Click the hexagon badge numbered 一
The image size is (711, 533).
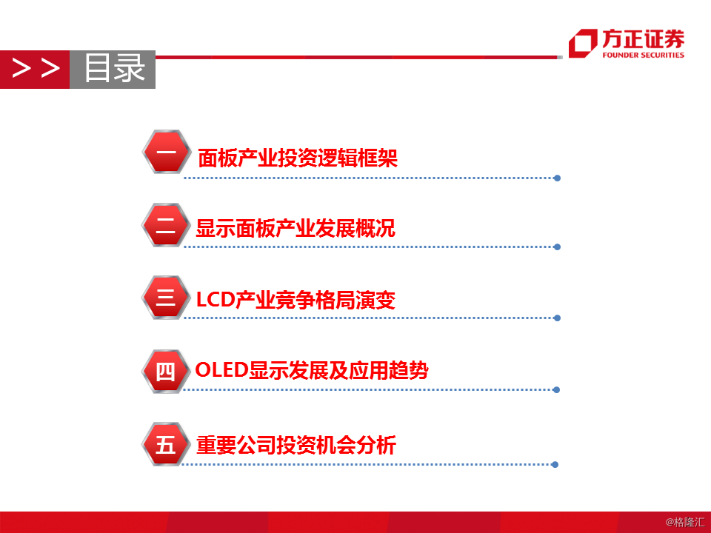(x=167, y=152)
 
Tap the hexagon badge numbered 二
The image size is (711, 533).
(x=166, y=225)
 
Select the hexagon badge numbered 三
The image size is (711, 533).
(x=166, y=298)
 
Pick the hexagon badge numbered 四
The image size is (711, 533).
(x=166, y=371)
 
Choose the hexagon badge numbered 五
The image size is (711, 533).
(x=166, y=443)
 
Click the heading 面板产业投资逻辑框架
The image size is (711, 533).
(x=298, y=158)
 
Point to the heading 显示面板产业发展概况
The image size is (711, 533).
(x=296, y=228)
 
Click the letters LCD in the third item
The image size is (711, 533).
(x=216, y=300)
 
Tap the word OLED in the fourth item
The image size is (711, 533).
(x=221, y=370)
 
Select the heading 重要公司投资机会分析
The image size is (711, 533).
(x=296, y=445)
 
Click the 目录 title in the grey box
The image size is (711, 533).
(x=114, y=68)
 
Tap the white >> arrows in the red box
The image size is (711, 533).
(x=36, y=68)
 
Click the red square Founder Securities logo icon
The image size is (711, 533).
(x=583, y=43)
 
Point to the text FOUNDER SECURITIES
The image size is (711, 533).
(x=643, y=55)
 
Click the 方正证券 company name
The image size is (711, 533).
(x=643, y=38)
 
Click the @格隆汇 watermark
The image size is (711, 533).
(x=685, y=522)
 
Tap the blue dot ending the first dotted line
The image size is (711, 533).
(x=557, y=178)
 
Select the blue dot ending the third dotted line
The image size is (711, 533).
(x=557, y=318)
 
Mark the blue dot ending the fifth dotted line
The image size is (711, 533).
(x=555, y=465)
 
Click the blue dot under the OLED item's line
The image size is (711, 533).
(x=556, y=390)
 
